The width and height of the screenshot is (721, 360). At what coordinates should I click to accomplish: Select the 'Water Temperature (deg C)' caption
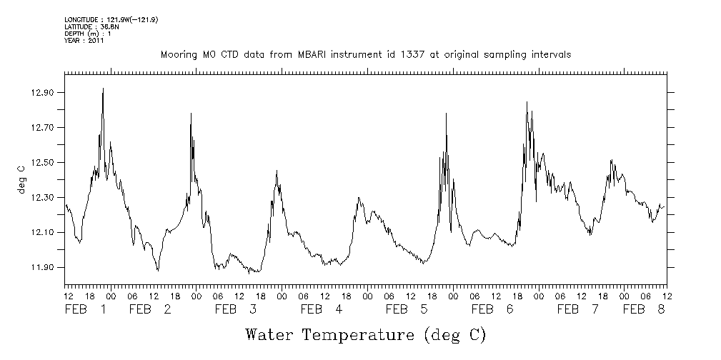tap(365, 334)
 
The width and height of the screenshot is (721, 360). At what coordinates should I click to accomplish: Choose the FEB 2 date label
tap(150, 310)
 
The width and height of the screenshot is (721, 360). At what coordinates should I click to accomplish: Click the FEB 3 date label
tap(236, 310)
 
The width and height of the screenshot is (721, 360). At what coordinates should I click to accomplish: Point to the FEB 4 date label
tap(322, 310)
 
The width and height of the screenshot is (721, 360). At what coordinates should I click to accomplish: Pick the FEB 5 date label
tap(407, 310)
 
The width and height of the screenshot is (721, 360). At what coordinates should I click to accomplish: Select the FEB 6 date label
tap(492, 310)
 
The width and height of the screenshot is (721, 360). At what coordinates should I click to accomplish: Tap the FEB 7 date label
tap(578, 310)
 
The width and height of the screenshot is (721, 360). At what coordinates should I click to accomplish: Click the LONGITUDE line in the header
tap(111, 19)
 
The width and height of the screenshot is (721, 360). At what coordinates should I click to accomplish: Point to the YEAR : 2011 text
tap(84, 41)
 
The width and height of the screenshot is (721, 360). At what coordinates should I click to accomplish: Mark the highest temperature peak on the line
tap(103, 89)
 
